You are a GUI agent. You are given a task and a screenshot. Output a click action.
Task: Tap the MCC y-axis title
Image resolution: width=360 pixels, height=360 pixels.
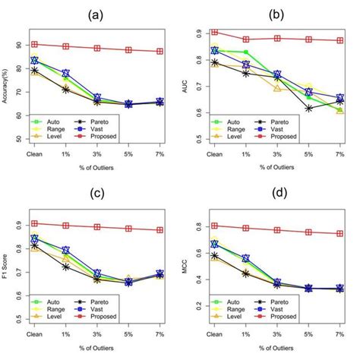tap(187, 268)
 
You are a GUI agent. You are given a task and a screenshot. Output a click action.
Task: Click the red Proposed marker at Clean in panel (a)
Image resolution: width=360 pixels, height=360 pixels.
tap(34, 44)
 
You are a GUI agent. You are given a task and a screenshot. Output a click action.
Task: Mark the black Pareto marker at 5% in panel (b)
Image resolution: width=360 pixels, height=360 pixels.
tap(308, 109)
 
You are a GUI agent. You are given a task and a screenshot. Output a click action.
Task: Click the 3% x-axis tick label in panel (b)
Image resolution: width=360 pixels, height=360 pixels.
tap(277, 153)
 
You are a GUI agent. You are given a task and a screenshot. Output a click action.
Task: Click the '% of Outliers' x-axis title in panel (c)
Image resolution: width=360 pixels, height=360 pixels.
tap(96, 349)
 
